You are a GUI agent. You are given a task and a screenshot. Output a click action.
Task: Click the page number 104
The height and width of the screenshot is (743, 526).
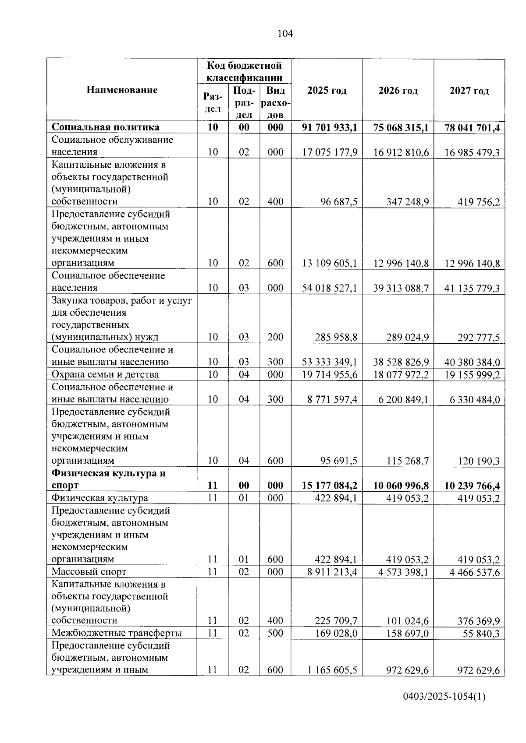pos(285,34)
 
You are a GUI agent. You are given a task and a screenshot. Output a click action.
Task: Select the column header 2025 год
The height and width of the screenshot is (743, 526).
pos(327,91)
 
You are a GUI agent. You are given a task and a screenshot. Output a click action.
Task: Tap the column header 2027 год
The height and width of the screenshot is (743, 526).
pos(469,91)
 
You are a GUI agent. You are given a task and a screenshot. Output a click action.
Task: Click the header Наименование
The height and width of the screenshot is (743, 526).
pos(122,90)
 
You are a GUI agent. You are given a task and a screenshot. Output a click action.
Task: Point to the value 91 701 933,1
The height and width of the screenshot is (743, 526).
pos(330,127)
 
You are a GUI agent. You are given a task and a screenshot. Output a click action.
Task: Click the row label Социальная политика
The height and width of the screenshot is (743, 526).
pos(106,127)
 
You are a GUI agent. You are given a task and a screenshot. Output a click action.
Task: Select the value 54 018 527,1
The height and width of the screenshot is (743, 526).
pos(330,288)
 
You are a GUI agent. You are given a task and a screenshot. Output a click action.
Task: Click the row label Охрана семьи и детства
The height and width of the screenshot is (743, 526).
pos(105,375)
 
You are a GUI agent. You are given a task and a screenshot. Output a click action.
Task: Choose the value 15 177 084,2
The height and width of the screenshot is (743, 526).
pos(330,486)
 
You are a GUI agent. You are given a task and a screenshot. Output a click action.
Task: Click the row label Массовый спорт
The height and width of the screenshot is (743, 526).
pos(89,572)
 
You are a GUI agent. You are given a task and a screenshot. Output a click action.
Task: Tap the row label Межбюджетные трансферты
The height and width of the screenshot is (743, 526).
pos(117,633)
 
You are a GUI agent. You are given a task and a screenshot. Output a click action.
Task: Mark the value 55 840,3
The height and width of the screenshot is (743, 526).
pos(481,634)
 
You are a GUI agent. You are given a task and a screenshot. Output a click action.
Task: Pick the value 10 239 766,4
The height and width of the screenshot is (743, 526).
pos(472,486)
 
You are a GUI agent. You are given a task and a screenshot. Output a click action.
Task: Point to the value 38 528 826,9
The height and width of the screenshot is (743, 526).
pos(401,362)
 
